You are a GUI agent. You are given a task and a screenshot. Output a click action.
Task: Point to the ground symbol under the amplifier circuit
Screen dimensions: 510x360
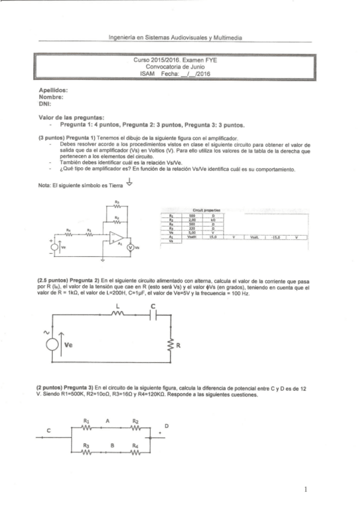(x=103, y=260)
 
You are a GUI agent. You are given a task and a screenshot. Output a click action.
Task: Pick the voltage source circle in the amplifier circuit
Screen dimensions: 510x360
(x=55, y=247)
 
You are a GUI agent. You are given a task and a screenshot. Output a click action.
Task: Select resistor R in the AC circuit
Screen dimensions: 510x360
(x=171, y=346)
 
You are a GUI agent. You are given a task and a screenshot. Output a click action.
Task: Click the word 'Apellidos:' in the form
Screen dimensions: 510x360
(x=51, y=90)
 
